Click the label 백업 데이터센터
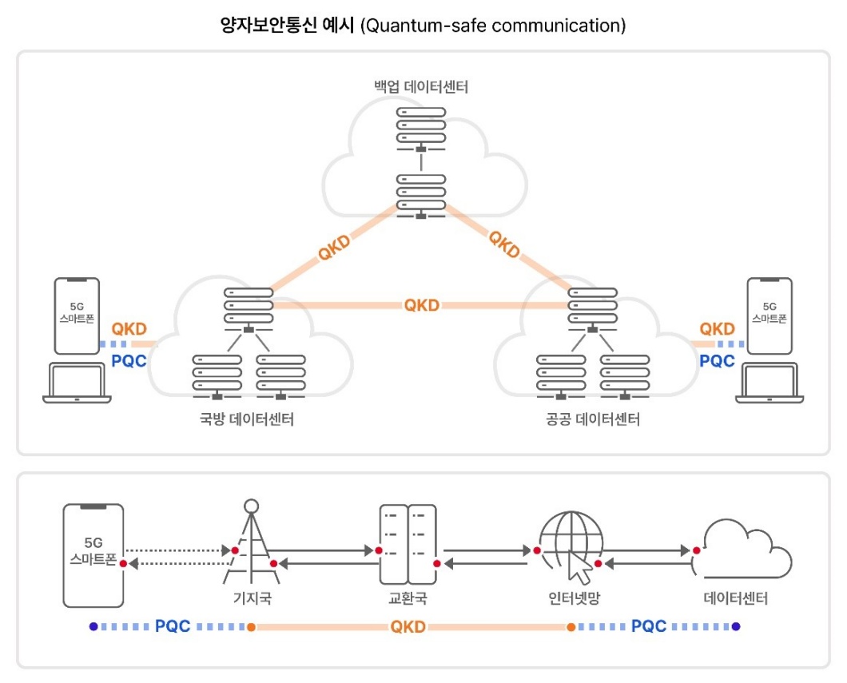(421, 87)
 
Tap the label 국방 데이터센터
(246, 419)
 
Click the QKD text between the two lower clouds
(421, 305)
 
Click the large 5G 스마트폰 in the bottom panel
(93, 555)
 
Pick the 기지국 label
(252, 598)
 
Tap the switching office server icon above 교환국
(408, 545)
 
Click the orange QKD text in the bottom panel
(408, 627)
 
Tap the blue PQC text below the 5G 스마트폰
(173, 626)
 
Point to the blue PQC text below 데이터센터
(649, 626)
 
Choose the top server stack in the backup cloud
(421, 126)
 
